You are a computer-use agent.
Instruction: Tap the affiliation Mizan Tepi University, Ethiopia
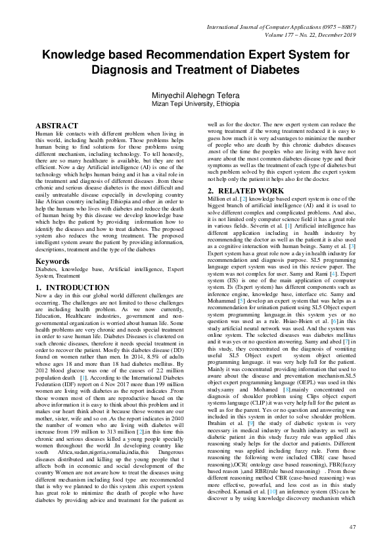(195, 104)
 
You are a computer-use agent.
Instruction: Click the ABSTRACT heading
(59, 124)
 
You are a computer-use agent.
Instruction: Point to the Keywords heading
(54, 261)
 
